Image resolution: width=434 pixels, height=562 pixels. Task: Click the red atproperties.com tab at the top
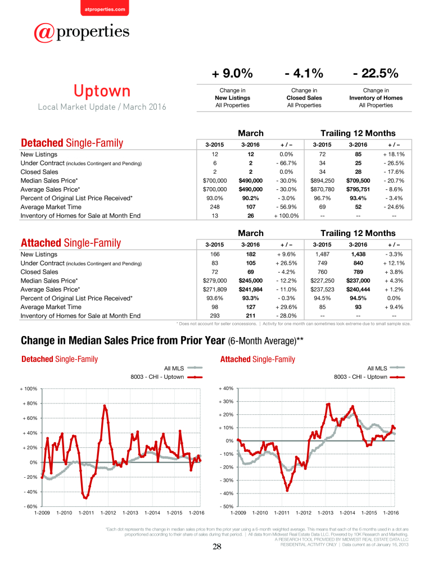[x=105, y=8]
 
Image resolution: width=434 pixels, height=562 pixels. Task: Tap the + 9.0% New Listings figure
[x=232, y=74]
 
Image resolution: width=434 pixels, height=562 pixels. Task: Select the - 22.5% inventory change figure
[x=376, y=74]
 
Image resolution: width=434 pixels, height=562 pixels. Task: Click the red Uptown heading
[x=102, y=91]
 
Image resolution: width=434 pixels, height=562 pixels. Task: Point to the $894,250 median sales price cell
[x=322, y=180]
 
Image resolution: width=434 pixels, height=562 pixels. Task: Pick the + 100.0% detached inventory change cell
[x=286, y=216]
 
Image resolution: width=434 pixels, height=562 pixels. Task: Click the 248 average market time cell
[x=215, y=207]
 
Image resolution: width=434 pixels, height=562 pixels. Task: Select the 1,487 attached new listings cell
[x=322, y=254]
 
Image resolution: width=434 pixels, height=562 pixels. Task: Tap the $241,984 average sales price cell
[x=250, y=289]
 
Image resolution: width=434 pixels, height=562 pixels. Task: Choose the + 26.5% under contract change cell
[x=286, y=263]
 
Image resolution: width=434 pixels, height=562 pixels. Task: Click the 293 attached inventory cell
[x=215, y=316]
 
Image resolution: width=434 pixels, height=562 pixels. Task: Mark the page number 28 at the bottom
[x=217, y=547]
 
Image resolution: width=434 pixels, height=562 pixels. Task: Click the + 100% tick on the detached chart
[x=28, y=389]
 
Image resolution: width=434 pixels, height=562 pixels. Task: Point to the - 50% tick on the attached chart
[x=227, y=506]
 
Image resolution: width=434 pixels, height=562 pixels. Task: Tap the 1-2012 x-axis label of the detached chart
[x=108, y=513]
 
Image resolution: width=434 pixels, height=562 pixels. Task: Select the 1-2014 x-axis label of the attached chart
[x=347, y=513]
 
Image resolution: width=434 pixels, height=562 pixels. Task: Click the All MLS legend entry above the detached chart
[x=183, y=368]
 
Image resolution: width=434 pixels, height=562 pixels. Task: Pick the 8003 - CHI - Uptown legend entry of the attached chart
[x=369, y=377]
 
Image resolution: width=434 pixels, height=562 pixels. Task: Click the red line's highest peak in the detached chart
[x=105, y=405]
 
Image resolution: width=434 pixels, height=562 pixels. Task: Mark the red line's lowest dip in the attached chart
[x=287, y=490]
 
